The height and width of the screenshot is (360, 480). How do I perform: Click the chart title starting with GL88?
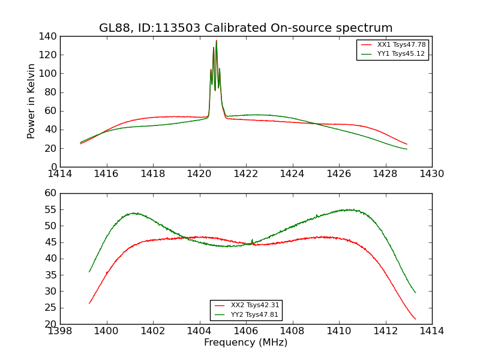pos(245,28)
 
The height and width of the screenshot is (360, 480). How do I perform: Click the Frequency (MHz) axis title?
pos(245,343)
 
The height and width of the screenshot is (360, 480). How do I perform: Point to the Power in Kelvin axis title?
pos(32,101)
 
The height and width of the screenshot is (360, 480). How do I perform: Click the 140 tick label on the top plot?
pos(49,37)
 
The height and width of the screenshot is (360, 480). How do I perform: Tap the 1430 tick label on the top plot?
pos(431,174)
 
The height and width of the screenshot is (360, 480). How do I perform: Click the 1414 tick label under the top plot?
pos(61,174)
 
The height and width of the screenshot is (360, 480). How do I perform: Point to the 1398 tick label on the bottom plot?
pos(61,331)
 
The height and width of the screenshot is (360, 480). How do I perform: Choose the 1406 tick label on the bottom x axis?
pos(246,331)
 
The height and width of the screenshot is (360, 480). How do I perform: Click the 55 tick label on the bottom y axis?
pos(52,209)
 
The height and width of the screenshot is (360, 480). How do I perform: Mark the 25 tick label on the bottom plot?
pos(52,308)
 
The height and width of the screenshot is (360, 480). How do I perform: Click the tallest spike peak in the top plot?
pos(216,41)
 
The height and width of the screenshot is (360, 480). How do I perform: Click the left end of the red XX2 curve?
pos(89,303)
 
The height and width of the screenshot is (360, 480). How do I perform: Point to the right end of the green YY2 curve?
pos(415,292)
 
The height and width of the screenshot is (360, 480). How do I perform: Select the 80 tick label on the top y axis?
pos(52,92)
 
